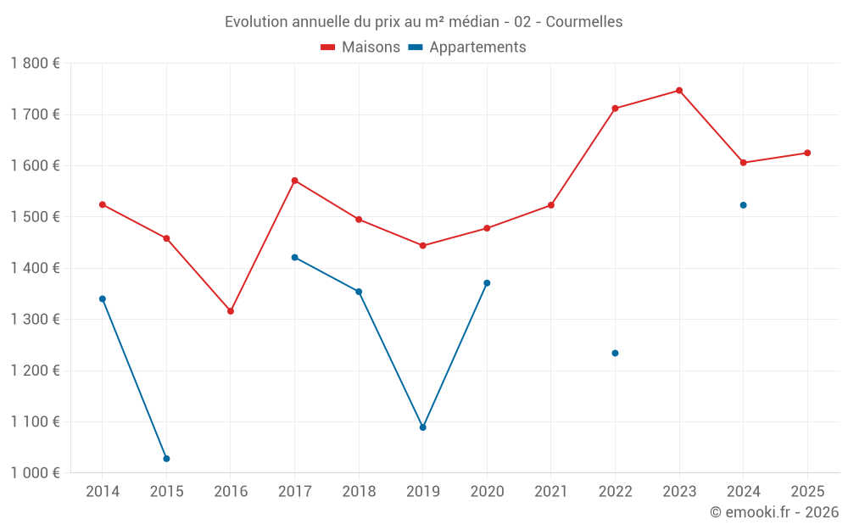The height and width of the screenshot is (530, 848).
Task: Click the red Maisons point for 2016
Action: click(231, 311)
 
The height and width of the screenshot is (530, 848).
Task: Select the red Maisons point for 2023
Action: click(679, 91)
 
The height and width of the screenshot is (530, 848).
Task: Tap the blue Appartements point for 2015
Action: click(166, 459)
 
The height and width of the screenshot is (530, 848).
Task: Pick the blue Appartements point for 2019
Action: click(423, 427)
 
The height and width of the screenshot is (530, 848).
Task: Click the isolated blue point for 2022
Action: click(615, 354)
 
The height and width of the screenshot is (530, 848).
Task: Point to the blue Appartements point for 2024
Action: click(744, 205)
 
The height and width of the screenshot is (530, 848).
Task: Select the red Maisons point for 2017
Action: click(294, 181)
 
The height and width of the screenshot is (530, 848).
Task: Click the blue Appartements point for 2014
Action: click(103, 298)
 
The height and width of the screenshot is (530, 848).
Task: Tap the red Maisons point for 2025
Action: click(807, 153)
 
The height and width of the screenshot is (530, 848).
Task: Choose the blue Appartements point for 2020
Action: click(487, 283)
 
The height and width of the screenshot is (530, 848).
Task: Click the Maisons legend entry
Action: click(360, 47)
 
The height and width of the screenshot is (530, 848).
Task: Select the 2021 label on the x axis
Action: click(551, 492)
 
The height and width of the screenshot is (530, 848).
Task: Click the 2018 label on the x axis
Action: click(359, 492)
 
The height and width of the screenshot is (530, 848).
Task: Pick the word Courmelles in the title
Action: click(584, 22)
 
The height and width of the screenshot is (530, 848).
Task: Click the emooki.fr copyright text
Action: click(774, 512)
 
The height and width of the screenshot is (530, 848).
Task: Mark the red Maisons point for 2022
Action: click(615, 109)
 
